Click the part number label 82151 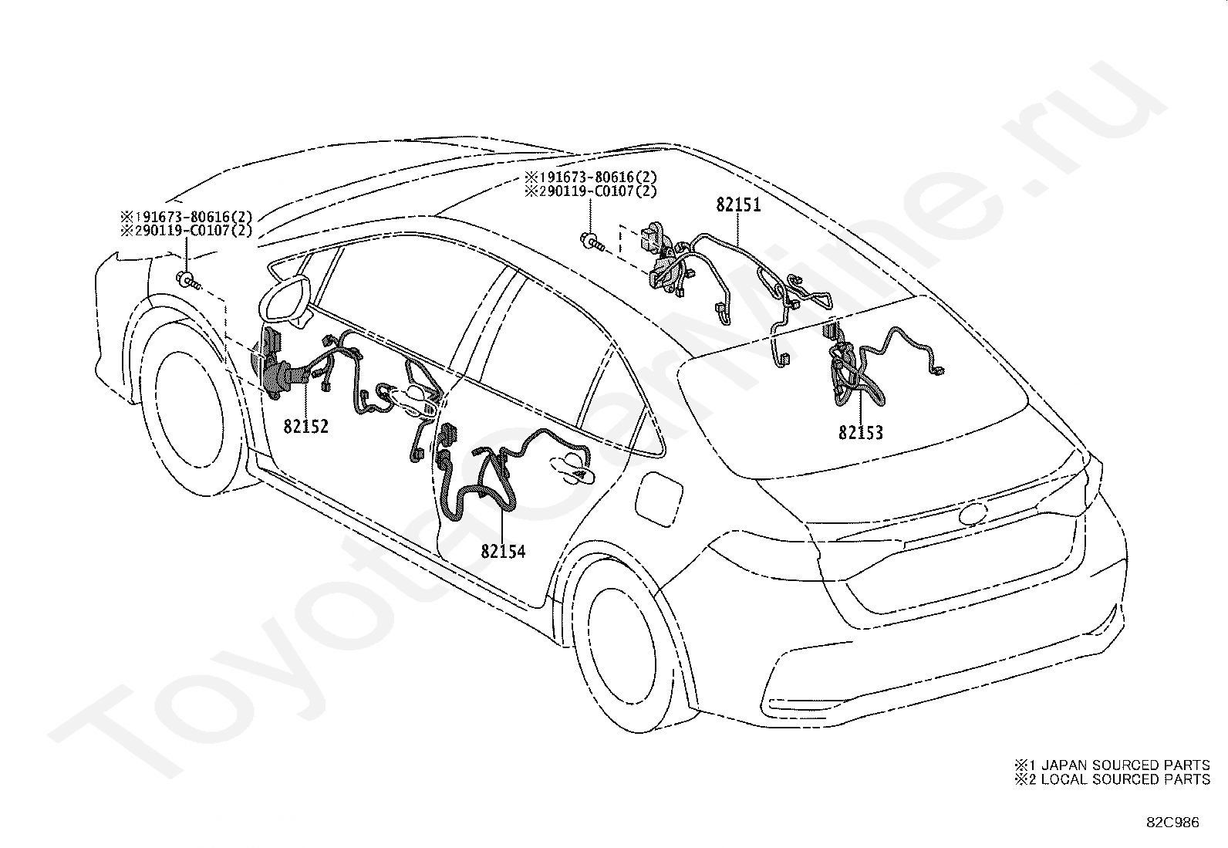pos(738,205)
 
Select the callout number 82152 pos(305,426)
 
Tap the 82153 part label pos(861,433)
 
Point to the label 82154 pos(503,552)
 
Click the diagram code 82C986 pos(1172,823)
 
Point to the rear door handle pos(571,465)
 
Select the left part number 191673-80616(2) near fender pos(185,217)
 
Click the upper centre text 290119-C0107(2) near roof pos(591,192)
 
